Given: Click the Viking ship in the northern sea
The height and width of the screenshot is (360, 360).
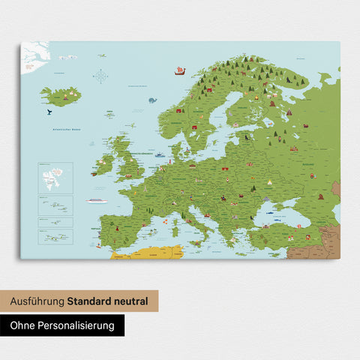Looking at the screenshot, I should (x=179, y=71).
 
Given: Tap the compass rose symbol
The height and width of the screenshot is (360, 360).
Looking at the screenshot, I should (x=100, y=75).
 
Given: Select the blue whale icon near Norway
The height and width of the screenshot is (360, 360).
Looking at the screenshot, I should (x=152, y=100).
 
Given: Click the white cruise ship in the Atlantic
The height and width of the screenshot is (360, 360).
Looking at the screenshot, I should (x=95, y=200).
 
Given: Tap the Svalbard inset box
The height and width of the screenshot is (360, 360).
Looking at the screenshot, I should (x=55, y=177).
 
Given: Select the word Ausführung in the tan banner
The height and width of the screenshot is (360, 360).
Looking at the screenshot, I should (x=37, y=301).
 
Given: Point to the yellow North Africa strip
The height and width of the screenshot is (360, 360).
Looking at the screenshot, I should (x=150, y=253).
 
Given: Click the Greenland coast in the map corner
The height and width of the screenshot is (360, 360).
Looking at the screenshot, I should (x=33, y=55).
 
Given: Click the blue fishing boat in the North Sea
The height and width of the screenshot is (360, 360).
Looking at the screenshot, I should (x=159, y=154).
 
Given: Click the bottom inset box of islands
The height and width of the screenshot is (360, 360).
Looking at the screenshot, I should (x=55, y=237).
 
